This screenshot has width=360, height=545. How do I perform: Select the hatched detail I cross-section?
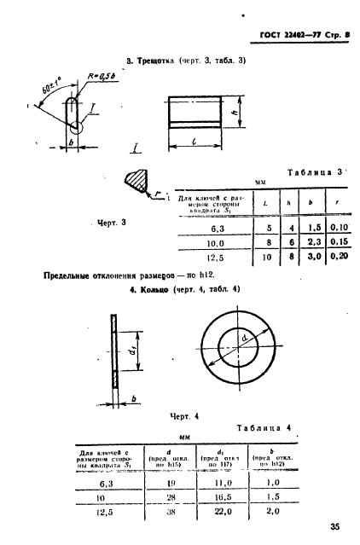pyautogui.click(x=135, y=180)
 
